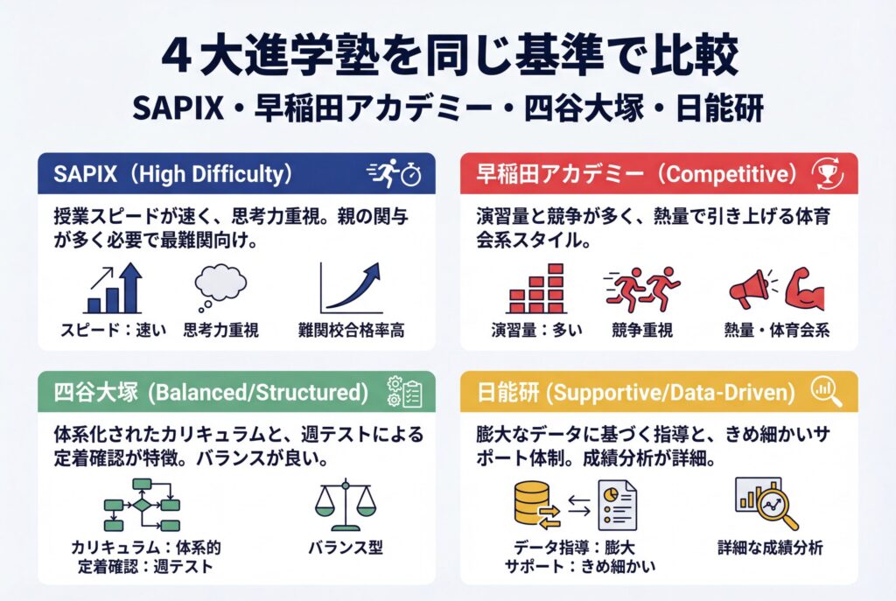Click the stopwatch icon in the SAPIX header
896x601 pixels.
411,175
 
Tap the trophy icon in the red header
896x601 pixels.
827,174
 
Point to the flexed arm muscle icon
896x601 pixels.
804,289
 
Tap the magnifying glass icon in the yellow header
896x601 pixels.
826,393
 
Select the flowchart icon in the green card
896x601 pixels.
142,505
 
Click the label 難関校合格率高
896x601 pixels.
351,330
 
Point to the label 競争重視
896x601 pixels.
641,330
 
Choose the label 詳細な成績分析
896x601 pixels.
770,548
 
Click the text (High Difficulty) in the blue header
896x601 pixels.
208,174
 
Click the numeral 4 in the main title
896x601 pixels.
175,57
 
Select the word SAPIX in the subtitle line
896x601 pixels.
178,108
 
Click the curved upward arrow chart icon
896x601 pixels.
350,288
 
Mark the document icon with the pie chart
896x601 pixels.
617,505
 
